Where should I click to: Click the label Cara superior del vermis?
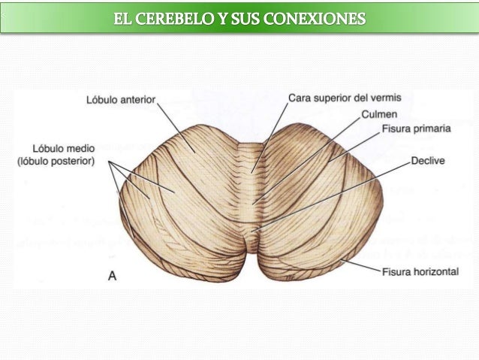(x=345, y=98)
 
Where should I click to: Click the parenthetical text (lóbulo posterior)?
(x=56, y=160)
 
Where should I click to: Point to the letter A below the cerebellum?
(x=112, y=276)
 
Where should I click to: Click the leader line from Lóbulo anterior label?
(x=173, y=124)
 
